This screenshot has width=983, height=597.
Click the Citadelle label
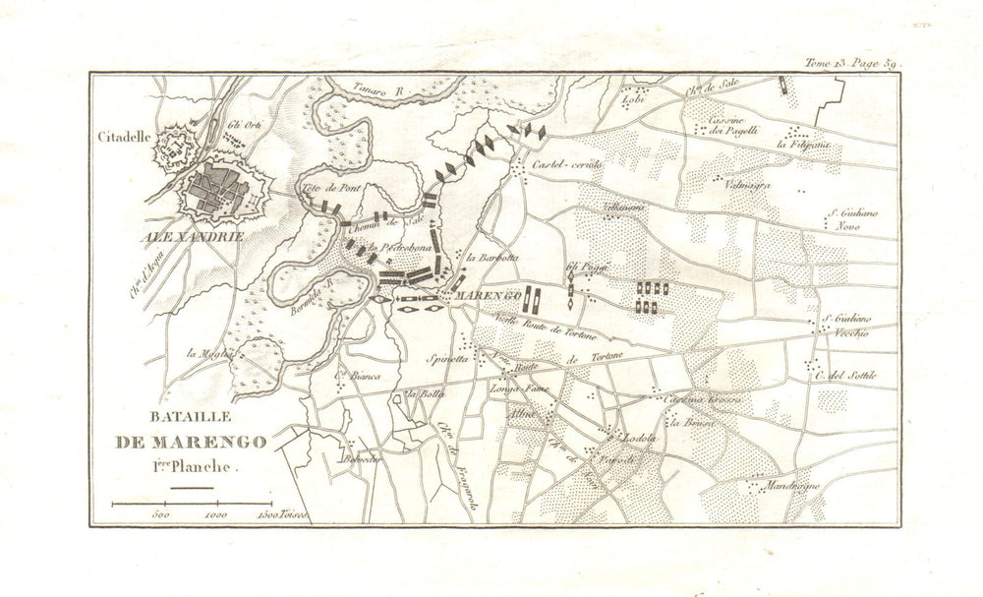[x=122, y=138]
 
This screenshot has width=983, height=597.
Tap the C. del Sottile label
[x=842, y=375]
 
